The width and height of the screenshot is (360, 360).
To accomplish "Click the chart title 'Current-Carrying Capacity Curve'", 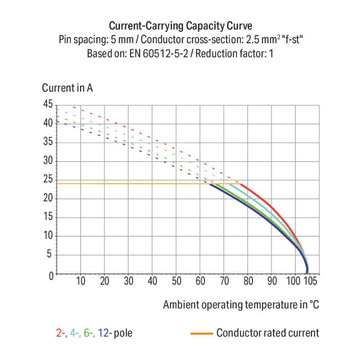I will coord(180,25).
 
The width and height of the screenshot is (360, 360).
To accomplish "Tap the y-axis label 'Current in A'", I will coord(67,88).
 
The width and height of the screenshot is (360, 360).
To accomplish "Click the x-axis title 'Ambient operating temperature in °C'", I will coord(241,305).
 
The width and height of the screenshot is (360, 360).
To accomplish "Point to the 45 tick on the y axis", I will coord(48,104).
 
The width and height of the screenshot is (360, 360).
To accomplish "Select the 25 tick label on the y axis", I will coord(48,180).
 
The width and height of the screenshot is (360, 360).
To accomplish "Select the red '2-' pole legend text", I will coord(61,333).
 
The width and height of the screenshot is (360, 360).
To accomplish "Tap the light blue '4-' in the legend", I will coord(75,333).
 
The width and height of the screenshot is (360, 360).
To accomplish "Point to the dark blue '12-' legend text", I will coord(106,333).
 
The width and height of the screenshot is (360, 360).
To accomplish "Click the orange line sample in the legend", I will coord(201,333).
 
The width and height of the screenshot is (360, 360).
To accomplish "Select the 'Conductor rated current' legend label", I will coord(267,333).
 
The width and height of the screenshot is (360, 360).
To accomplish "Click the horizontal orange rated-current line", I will coord(130,184).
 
